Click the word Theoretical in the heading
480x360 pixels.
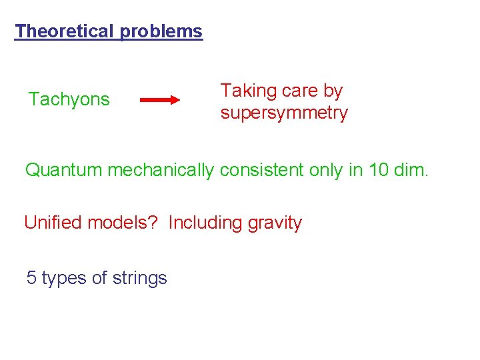coord(65,31)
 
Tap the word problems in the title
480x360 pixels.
coord(161,31)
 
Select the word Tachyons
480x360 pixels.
coord(69,100)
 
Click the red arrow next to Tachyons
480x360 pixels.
coord(160,100)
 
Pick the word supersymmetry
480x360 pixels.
coord(284,113)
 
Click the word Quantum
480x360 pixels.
coord(64,170)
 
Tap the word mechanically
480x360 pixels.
coord(161,170)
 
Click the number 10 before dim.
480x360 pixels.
coord(379,170)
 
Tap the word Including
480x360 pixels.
coord(205,223)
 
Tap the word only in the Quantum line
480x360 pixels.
coord(327,170)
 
